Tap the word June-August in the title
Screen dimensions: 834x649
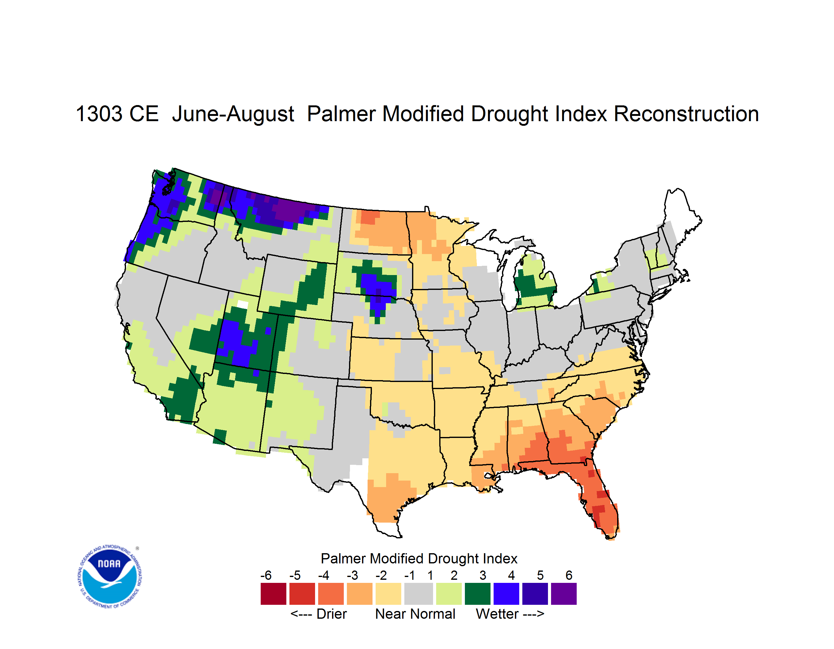pos(233,114)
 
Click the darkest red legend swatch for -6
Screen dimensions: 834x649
pos(273,593)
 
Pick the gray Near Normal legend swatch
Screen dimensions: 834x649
pos(419,593)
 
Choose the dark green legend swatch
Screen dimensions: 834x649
pos(477,593)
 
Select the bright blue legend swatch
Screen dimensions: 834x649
pos(506,593)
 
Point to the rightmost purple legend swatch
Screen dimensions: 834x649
pos(564,593)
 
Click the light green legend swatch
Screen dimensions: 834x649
pos(449,593)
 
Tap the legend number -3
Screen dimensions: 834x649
pos(352,575)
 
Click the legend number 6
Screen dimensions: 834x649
pos(569,575)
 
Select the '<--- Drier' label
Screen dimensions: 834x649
pos(318,614)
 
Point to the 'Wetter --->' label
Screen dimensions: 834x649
pos(510,614)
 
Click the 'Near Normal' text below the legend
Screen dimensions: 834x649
pos(415,614)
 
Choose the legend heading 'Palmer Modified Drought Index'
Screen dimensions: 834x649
pos(419,558)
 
